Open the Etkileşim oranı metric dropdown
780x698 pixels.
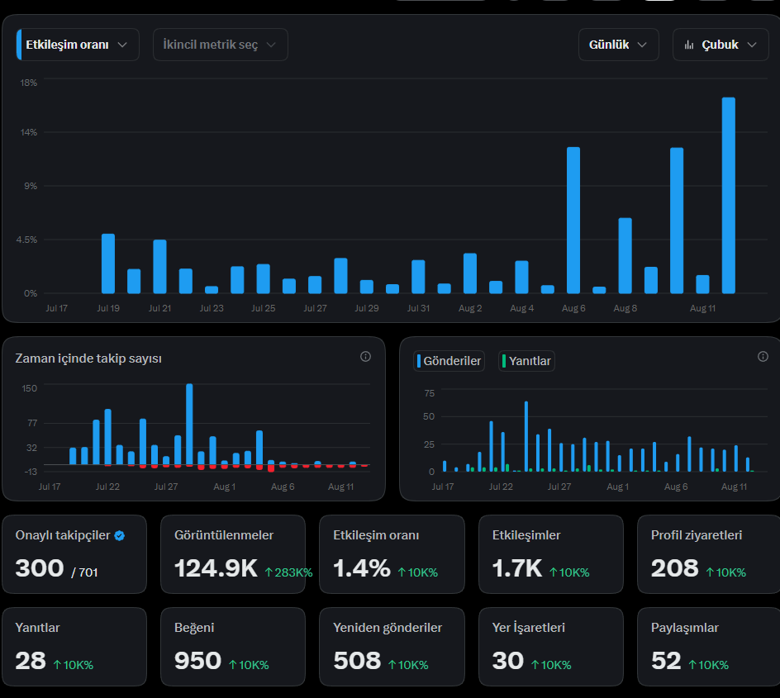pyautogui.click(x=78, y=45)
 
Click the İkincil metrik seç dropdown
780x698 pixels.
pyautogui.click(x=221, y=45)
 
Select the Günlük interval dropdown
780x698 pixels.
pyautogui.click(x=618, y=45)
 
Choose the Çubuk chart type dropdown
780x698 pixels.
pyautogui.click(x=721, y=45)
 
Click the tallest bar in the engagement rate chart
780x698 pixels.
pyautogui.click(x=728, y=196)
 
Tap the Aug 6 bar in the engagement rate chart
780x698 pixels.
pyautogui.click(x=573, y=221)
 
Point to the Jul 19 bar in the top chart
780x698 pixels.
pyautogui.click(x=108, y=264)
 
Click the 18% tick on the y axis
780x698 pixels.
pyautogui.click(x=28, y=83)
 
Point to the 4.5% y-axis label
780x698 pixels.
pyautogui.click(x=26, y=240)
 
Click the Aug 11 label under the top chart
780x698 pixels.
pyautogui.click(x=702, y=308)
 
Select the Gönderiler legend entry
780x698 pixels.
pyautogui.click(x=449, y=361)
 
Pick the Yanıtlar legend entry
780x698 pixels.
pyautogui.click(x=526, y=361)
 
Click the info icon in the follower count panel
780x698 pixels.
pyautogui.click(x=365, y=357)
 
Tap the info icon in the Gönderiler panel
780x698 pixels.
pyautogui.click(x=763, y=357)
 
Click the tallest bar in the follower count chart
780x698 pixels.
pyautogui.click(x=189, y=424)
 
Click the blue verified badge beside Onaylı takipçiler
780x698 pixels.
pyautogui.click(x=119, y=535)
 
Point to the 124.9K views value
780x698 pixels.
pyautogui.click(x=216, y=568)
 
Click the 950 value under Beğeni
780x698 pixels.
pyautogui.click(x=197, y=661)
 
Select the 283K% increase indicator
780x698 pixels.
pyautogui.click(x=288, y=572)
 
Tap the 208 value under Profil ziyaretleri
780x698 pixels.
pyautogui.click(x=674, y=568)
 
